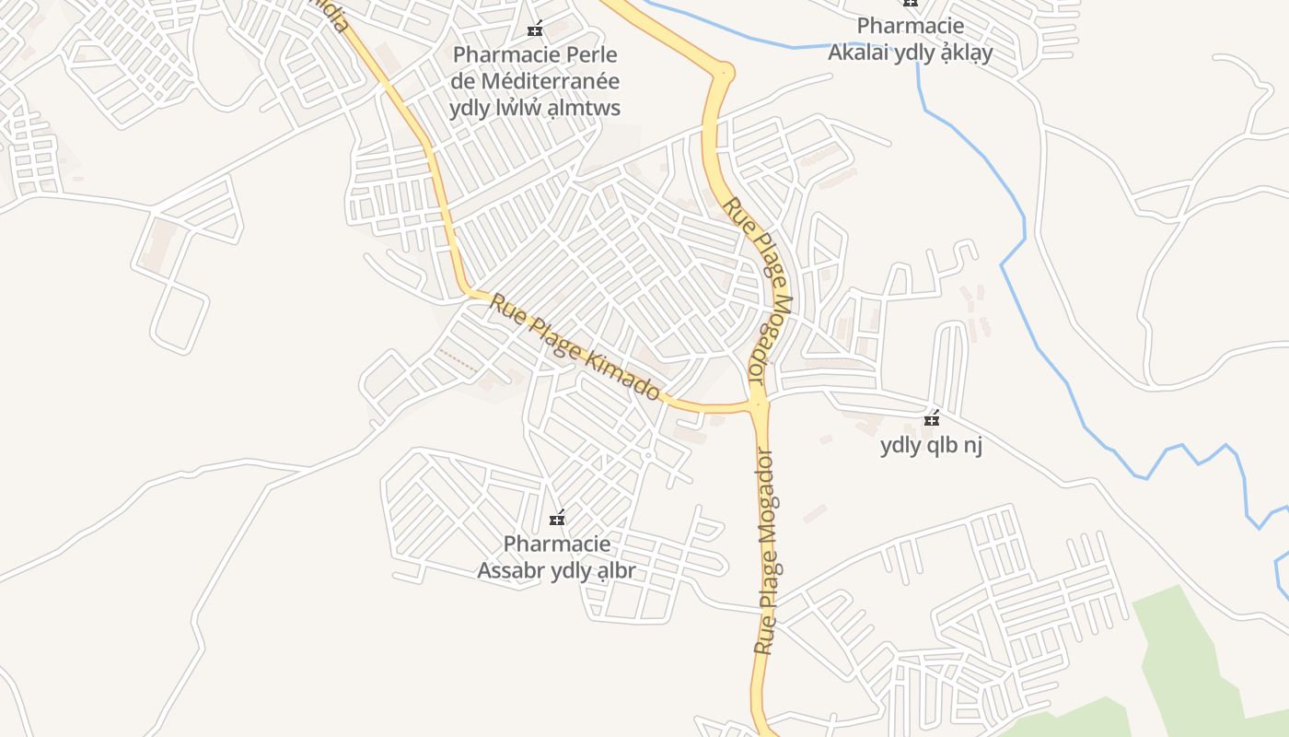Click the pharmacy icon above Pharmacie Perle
coord(534,29)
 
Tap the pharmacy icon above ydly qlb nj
coord(932,419)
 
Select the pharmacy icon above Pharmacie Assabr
coord(556,518)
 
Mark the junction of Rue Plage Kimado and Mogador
coord(758,403)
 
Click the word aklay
coord(963,53)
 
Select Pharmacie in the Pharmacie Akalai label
coord(911,26)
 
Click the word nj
coord(973,446)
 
